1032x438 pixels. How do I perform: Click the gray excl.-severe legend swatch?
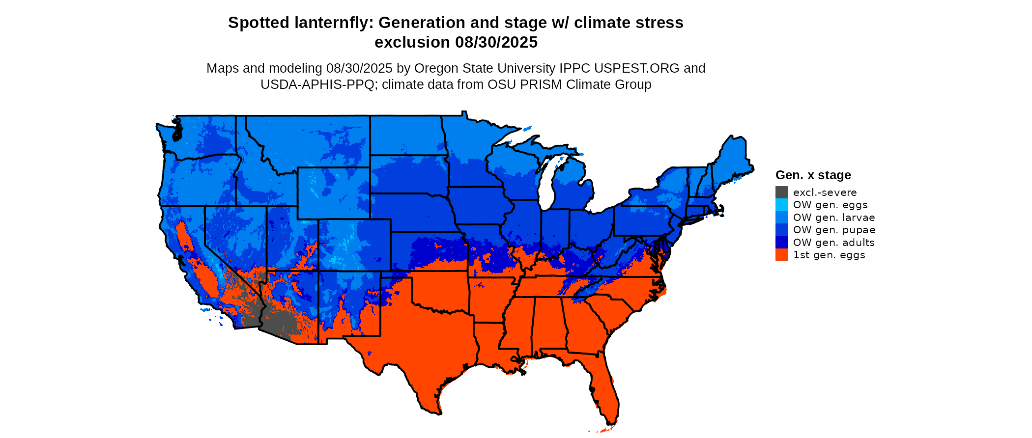point(781,192)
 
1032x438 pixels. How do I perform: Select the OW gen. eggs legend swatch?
point(781,205)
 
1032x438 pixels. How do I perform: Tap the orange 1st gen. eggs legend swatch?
point(781,255)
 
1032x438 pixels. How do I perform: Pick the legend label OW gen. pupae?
point(834,230)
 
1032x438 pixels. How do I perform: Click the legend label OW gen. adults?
point(833,243)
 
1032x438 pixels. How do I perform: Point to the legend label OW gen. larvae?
point(833,218)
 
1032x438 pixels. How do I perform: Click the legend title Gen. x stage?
point(813,175)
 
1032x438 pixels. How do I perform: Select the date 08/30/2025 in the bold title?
point(496,42)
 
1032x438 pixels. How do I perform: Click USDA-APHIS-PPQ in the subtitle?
point(317,84)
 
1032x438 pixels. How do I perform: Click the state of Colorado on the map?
point(354,245)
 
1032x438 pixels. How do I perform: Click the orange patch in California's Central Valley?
point(185,238)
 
